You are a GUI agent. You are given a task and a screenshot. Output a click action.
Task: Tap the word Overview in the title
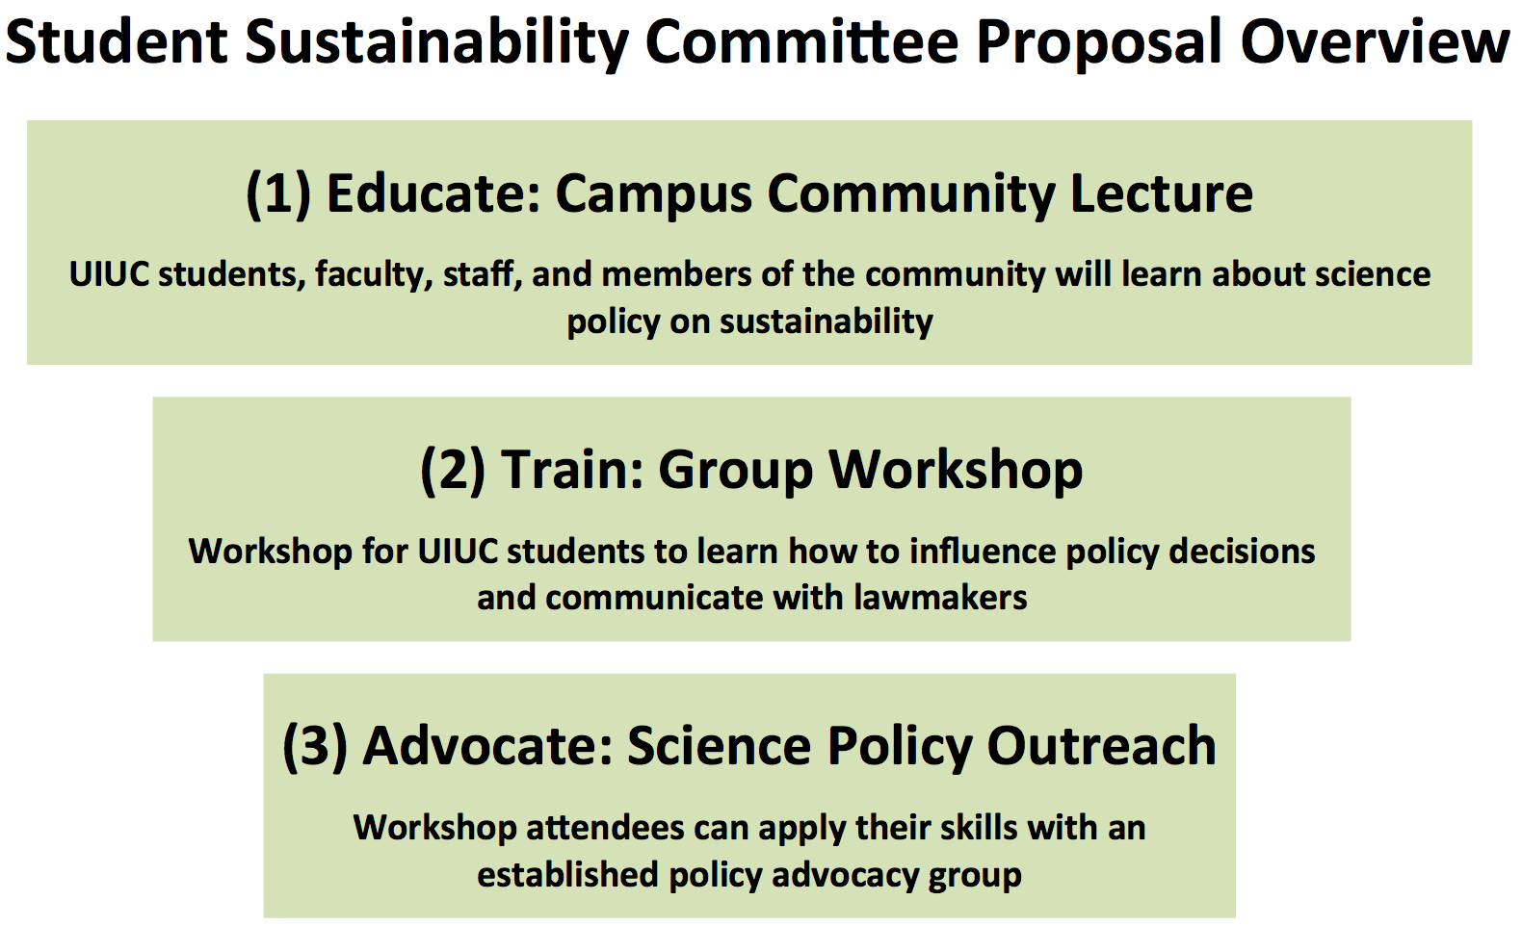1375,42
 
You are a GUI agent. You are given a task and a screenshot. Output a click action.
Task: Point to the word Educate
432,193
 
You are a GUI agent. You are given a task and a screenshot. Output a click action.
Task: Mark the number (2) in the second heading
453,471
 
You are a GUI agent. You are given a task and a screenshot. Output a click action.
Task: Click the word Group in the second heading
736,472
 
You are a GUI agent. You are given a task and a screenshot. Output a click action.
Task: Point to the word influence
982,552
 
